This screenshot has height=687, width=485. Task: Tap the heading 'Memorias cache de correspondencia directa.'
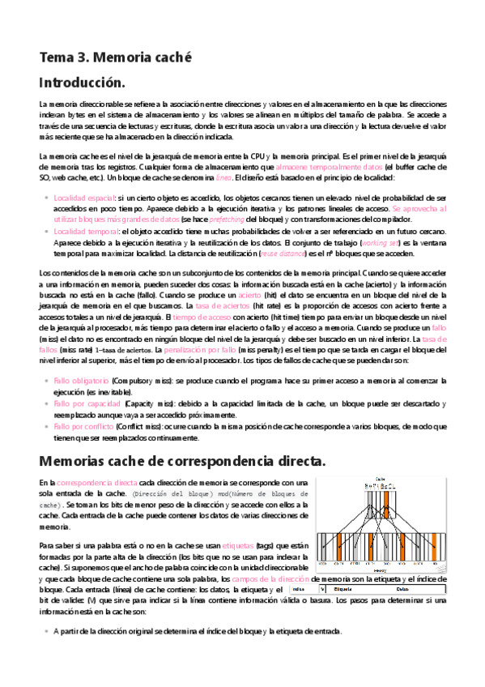(182, 461)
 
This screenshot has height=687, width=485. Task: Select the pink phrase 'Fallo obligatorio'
(81, 380)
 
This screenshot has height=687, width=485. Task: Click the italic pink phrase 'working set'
(381, 242)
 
